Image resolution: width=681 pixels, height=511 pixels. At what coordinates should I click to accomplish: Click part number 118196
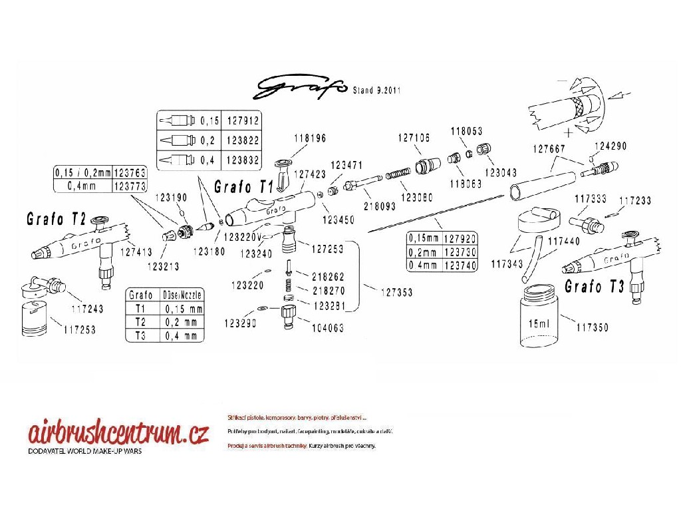click(x=310, y=138)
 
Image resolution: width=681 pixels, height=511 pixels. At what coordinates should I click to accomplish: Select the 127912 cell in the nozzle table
click(x=241, y=121)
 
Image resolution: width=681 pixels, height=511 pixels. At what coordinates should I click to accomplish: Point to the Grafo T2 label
click(x=57, y=219)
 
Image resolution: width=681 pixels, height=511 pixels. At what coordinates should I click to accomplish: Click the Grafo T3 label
click(x=595, y=286)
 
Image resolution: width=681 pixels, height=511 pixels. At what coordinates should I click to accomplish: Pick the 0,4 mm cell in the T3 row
click(x=180, y=335)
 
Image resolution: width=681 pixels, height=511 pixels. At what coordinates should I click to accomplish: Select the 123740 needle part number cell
click(x=460, y=265)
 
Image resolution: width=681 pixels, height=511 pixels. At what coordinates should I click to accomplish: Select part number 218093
click(x=378, y=207)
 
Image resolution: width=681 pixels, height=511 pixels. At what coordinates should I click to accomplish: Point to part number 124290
click(x=611, y=145)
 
